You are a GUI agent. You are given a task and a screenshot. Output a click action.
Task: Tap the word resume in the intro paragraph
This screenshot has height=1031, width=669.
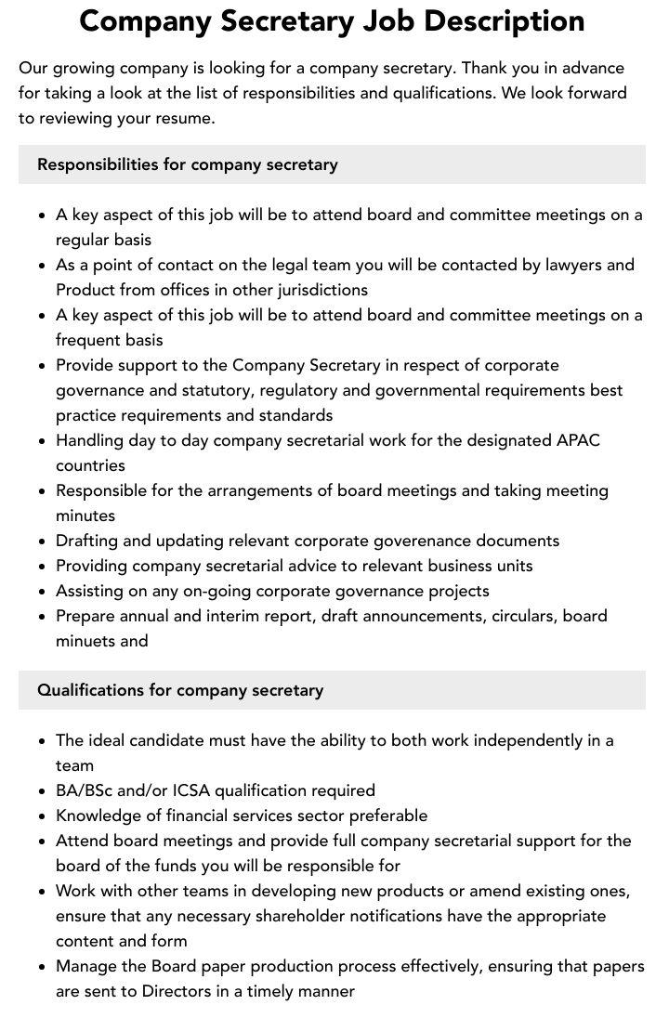coord(185,118)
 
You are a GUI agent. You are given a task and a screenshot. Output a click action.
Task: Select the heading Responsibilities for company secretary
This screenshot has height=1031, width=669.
coord(187,164)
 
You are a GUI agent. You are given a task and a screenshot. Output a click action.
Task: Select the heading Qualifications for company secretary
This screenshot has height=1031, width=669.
coord(180,690)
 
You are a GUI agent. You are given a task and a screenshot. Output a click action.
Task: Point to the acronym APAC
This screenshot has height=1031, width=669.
coord(577,440)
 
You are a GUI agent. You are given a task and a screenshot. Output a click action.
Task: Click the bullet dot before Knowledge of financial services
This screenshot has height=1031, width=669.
coord(42,816)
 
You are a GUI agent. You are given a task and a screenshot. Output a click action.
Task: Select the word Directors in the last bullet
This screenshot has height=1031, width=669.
coord(177,991)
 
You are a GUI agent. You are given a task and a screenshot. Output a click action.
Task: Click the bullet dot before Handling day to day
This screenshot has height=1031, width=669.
coord(42,441)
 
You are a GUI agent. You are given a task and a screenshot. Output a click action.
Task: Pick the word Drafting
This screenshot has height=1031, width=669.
coord(89,541)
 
